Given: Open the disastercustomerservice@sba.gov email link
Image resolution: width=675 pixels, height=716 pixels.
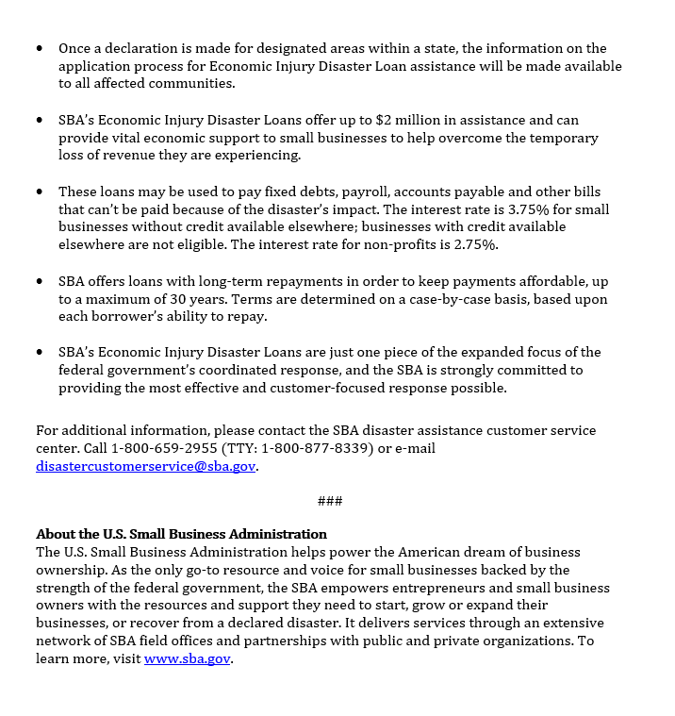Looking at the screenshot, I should point(145,466).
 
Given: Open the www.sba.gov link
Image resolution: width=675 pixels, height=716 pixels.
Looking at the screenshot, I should point(187,659).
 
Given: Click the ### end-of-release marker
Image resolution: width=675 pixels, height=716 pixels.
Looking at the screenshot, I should point(330,500).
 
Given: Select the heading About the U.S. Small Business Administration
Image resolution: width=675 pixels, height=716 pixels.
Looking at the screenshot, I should point(181,534).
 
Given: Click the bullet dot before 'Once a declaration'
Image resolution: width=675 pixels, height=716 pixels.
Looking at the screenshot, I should point(40,48).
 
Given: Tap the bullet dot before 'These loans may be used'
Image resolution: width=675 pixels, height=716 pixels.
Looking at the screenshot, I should point(40,191).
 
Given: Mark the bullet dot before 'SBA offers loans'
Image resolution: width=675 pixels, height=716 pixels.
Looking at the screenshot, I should point(40,281).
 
